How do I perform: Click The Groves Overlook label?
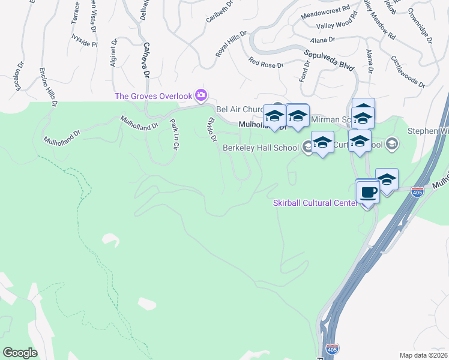(x=153, y=96)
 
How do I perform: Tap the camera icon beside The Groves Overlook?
(x=201, y=95)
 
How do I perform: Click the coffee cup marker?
(x=369, y=193)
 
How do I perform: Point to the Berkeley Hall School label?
(x=261, y=148)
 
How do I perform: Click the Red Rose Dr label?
(x=265, y=62)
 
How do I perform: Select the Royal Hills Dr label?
(x=231, y=44)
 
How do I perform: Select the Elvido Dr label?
(x=211, y=130)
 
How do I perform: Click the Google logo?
(x=20, y=353)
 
